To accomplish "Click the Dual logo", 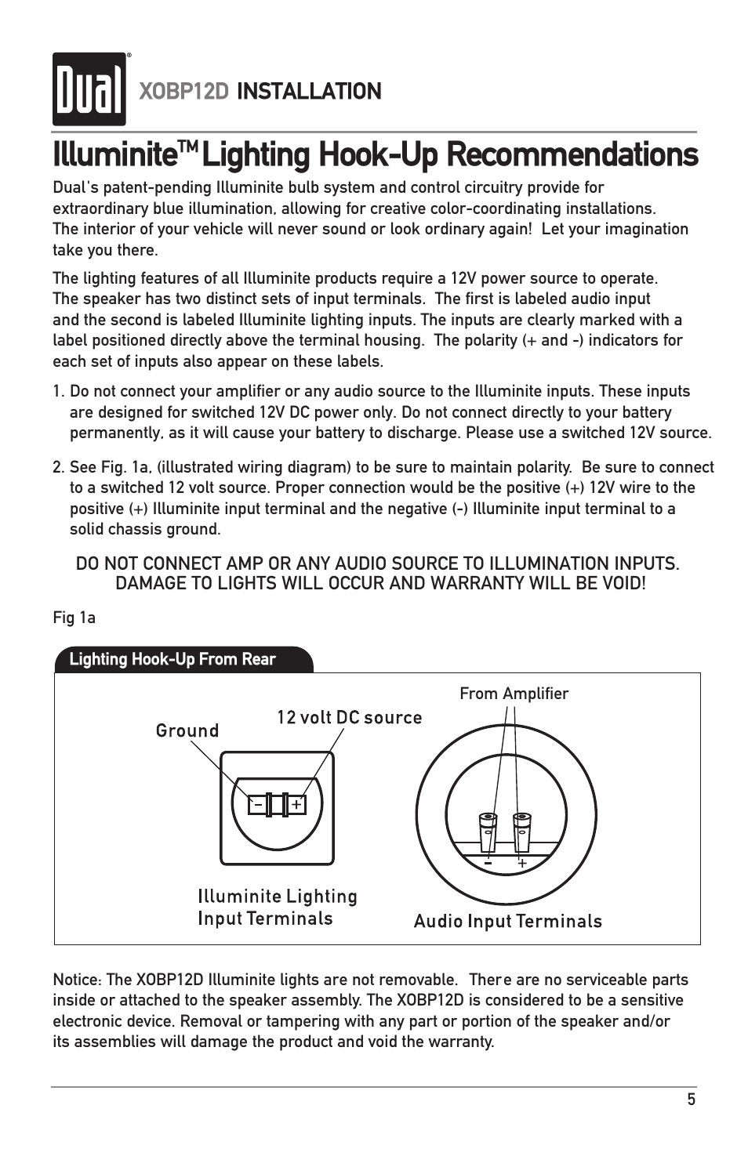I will coord(89,89).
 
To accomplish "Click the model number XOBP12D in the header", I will coord(183,92).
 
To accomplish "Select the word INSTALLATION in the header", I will coord(309,92).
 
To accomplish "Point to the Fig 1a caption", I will coord(74,618).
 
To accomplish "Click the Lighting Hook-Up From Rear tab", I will coord(172,659).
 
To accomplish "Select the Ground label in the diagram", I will coord(187,730).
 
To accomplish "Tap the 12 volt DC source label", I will coord(349,718).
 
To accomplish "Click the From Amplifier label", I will coord(514,694).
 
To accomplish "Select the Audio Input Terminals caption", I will coord(507,922).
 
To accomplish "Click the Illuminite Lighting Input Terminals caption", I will coord(277,908).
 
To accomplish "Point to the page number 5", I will coord(691,1100).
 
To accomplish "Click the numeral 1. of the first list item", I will coord(59,392).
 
